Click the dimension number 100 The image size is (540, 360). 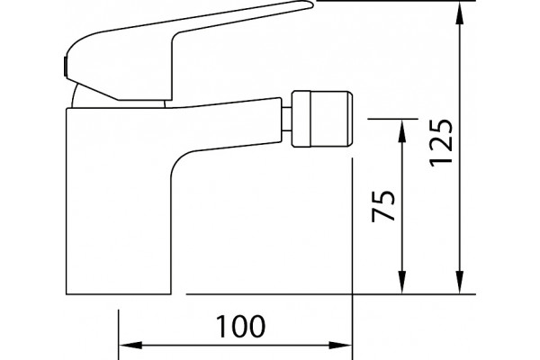tap(240, 326)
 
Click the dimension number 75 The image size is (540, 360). tap(383, 206)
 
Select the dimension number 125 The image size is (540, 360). tap(440, 142)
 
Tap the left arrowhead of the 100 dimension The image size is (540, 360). tap(130, 345)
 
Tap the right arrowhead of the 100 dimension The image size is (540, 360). tap(340, 345)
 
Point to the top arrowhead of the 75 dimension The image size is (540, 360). tap(401, 130)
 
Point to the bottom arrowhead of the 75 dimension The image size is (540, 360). tap(401, 283)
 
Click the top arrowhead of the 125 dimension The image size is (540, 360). tap(460, 13)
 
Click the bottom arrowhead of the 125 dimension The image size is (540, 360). tap(460, 283)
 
